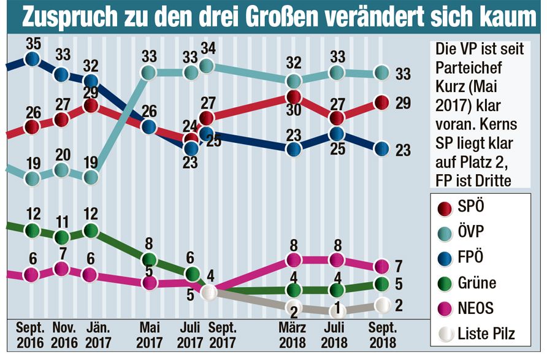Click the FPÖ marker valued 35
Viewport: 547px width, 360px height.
coord(32,59)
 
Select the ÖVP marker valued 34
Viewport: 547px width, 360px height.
coord(207,65)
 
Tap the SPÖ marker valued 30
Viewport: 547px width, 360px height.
coord(294,97)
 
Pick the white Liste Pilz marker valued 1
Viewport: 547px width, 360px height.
coord(336,308)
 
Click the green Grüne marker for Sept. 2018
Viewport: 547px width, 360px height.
coord(381,284)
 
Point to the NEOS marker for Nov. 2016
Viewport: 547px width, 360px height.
coord(61,268)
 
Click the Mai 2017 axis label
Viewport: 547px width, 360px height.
coord(148,335)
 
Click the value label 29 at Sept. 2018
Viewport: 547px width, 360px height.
coord(402,102)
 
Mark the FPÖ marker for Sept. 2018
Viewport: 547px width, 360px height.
coord(381,148)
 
